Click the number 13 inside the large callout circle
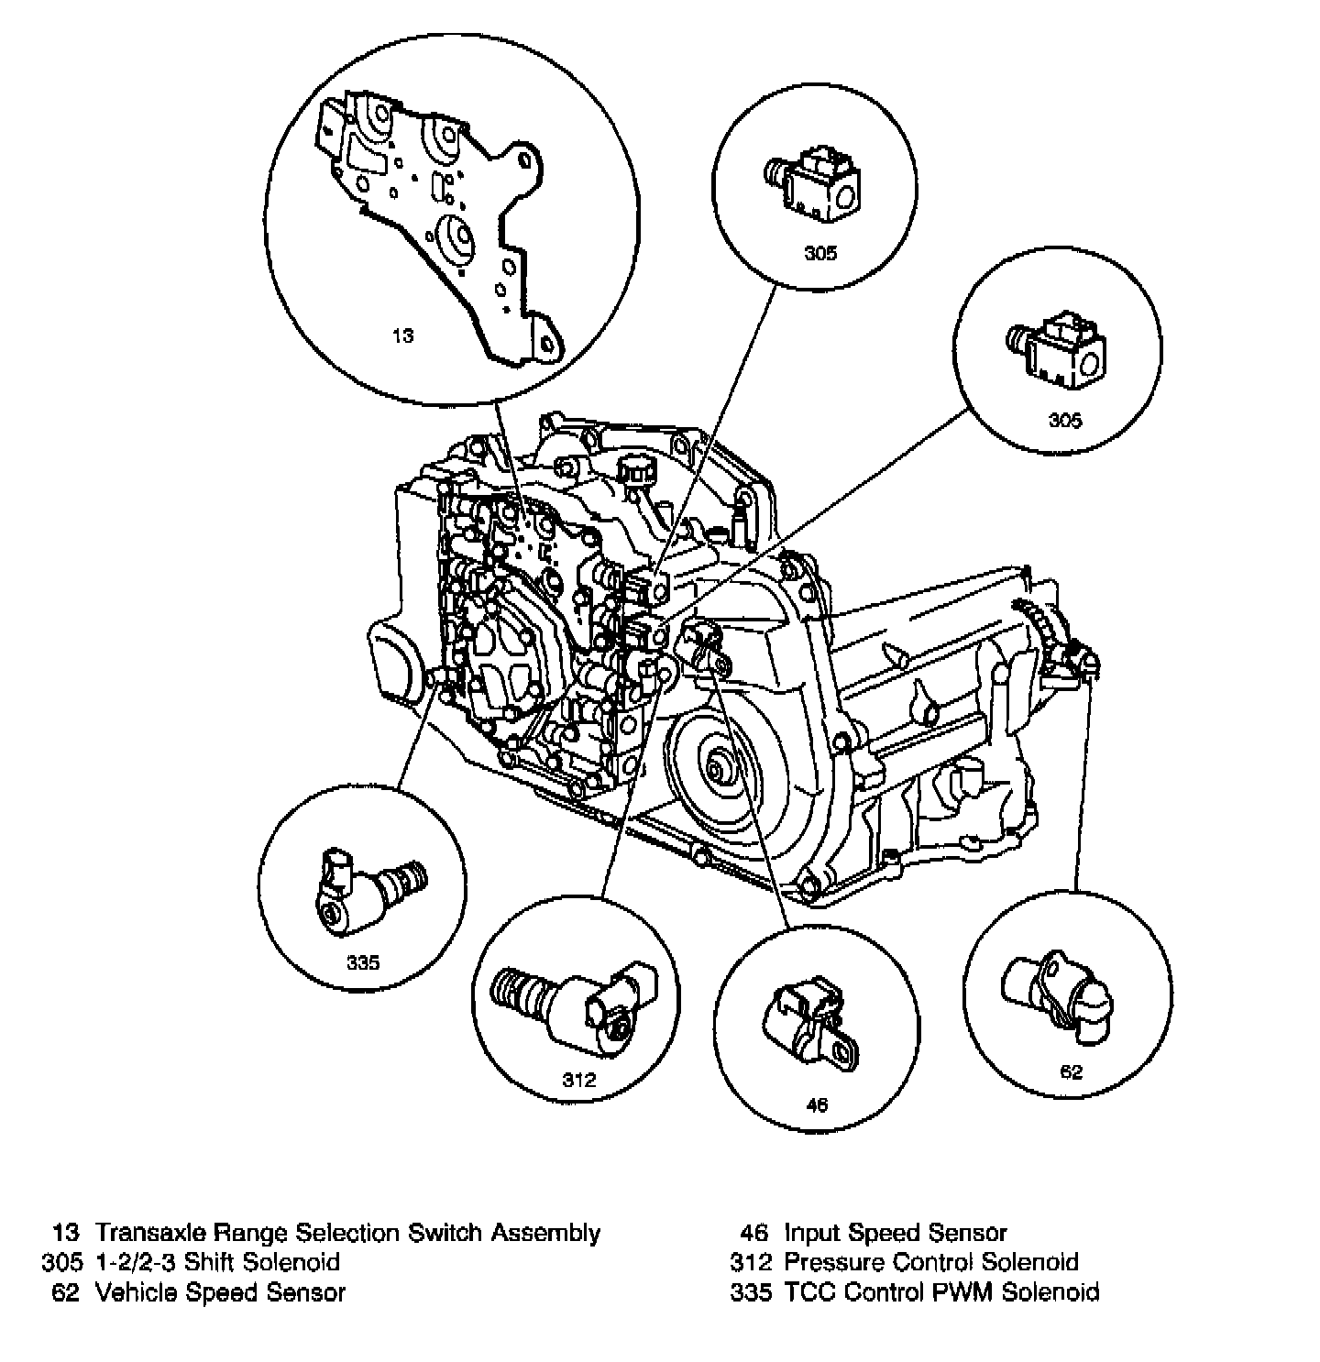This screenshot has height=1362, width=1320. [x=403, y=335]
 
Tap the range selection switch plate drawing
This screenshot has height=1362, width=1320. [x=440, y=220]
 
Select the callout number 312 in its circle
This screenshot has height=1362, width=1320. [x=579, y=1080]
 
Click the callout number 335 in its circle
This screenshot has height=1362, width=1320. [x=363, y=962]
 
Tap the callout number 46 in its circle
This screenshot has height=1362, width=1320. [x=816, y=1104]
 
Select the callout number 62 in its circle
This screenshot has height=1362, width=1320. [x=1071, y=1072]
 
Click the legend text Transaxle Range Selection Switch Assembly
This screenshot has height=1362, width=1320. [x=348, y=1233]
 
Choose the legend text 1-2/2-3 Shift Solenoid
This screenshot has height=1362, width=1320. [x=217, y=1262]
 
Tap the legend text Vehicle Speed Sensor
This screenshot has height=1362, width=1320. [x=221, y=1292]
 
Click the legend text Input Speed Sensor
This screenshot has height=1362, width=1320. [x=895, y=1233]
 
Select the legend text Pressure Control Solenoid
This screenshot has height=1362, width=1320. [x=930, y=1262]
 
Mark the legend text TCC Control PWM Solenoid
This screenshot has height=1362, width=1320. [x=941, y=1292]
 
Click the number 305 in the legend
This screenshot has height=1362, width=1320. [x=62, y=1262]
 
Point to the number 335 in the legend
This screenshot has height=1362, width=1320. [x=751, y=1292]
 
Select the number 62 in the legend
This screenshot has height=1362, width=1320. [x=67, y=1292]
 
